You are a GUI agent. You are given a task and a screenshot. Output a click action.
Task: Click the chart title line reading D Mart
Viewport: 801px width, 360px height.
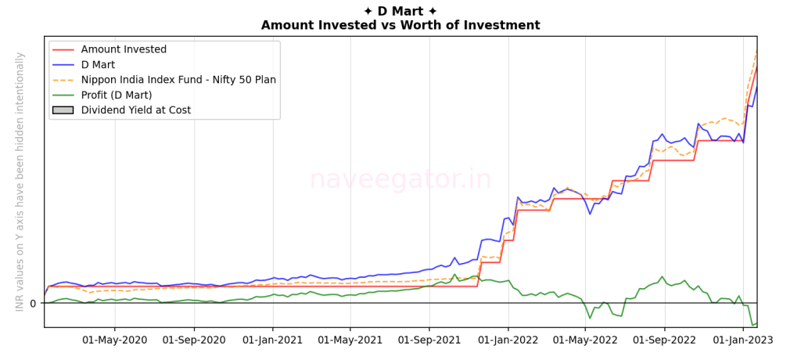click(400, 11)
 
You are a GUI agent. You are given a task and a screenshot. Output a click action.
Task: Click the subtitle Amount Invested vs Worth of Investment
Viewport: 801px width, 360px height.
click(400, 25)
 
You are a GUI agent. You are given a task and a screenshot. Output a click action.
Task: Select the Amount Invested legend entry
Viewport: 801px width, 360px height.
click(124, 49)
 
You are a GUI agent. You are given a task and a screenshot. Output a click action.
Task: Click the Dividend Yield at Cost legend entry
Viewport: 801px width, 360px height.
click(135, 110)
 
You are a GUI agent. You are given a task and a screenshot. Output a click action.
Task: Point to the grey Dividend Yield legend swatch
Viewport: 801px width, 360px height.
click(63, 110)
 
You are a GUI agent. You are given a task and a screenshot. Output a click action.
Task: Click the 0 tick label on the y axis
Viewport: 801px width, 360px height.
click(33, 304)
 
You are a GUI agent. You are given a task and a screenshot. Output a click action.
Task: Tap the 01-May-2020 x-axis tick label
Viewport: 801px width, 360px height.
click(115, 340)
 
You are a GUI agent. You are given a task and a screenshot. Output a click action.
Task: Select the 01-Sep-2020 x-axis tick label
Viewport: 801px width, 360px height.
click(193, 340)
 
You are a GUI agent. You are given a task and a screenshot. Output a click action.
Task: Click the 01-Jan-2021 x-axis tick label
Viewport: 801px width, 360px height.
click(272, 340)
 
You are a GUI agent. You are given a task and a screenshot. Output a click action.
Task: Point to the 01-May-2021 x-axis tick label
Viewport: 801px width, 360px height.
click(350, 340)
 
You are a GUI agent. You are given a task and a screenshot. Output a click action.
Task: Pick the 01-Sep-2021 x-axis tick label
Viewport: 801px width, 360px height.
click(429, 340)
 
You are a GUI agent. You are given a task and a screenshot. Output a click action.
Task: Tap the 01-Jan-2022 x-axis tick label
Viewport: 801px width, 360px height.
click(508, 340)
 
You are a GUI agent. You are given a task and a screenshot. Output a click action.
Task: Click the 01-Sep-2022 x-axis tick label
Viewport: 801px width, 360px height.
click(664, 340)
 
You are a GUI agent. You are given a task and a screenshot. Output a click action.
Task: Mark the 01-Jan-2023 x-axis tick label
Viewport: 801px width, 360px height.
click(743, 340)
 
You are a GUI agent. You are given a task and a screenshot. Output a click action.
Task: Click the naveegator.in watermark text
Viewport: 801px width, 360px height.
click(400, 179)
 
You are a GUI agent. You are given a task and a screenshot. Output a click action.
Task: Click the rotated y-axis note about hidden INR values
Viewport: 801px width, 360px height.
click(20, 182)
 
